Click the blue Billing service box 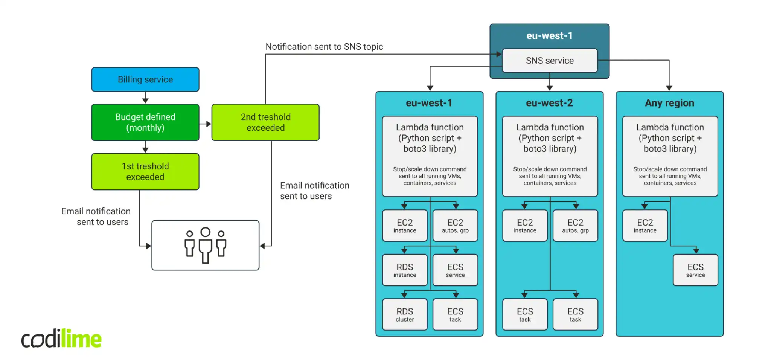[145, 79]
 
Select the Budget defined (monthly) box [145, 122]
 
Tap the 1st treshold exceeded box [145, 171]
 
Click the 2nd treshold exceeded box [265, 122]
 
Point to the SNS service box [550, 61]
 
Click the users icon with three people [205, 245]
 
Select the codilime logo [61, 339]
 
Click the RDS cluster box [405, 314]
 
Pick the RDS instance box [405, 270]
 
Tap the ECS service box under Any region [695, 270]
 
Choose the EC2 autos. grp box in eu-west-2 [575, 226]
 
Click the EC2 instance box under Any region [645, 226]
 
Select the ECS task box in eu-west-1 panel [455, 314]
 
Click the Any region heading [669, 103]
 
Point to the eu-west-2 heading [549, 103]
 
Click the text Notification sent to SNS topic [324, 47]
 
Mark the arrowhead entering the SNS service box [499, 54]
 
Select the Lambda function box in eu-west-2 [550, 156]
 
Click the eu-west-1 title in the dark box [549, 36]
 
